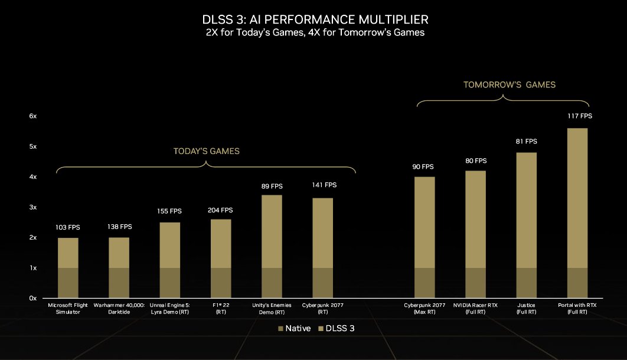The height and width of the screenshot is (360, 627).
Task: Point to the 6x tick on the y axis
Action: coord(33,116)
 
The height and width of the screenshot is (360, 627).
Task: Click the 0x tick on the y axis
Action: coord(33,299)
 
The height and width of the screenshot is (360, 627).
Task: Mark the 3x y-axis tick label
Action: coord(33,208)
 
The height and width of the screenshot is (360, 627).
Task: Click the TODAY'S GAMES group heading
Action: coord(206,152)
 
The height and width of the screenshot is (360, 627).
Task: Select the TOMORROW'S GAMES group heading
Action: coord(509,85)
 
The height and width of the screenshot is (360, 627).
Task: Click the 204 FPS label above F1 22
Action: coord(221,210)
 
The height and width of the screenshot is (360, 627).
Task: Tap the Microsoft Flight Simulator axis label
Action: coord(68,309)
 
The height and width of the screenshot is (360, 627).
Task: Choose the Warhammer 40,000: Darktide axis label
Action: coord(119,309)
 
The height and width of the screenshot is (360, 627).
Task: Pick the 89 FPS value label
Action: coord(273,186)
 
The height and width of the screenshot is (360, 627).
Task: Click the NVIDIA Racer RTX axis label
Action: coord(475,309)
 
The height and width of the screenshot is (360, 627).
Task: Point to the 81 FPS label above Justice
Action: coord(525,142)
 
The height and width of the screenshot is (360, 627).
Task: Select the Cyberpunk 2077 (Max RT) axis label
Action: coord(424,309)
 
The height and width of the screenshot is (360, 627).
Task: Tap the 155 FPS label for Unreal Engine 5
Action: coord(169,211)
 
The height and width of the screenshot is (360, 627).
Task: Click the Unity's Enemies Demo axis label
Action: coord(272,309)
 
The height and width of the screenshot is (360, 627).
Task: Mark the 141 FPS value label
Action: coord(324,185)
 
